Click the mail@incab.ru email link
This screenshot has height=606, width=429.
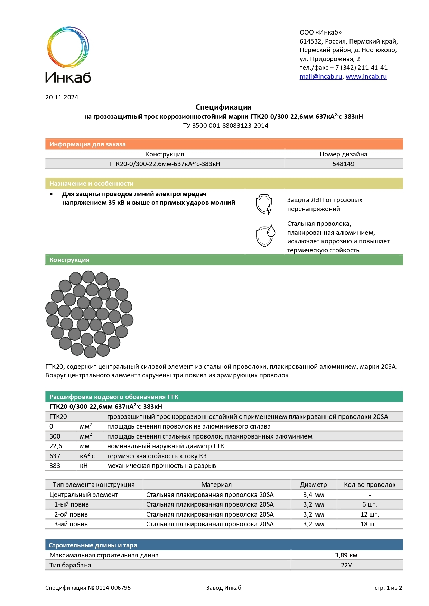pos(320,77)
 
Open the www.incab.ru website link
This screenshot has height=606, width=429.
pos(366,77)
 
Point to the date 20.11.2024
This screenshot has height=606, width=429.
pos(62,97)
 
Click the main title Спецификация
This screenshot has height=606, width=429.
pos(223,107)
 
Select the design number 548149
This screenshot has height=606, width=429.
pos(343,164)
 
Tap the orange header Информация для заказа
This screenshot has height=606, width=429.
pos(87,144)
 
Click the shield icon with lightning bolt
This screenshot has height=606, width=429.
pos(264,204)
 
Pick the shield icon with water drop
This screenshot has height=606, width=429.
pos(265,236)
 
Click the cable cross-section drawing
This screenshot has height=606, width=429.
pos(90,314)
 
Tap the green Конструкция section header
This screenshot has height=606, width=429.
pos(69,260)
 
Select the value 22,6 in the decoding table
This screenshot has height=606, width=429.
pos(56,446)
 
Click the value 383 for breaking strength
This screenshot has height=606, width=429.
pos(55,466)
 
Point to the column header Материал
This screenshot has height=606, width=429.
pos(216,485)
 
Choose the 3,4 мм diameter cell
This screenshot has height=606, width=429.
pos(313,495)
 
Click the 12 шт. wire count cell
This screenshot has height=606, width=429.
pos(370,514)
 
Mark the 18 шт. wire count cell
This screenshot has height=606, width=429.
pos(370,524)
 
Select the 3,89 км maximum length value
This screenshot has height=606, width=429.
pos(346,555)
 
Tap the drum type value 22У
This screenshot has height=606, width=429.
pos(346,565)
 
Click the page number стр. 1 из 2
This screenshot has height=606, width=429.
pos(388,588)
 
